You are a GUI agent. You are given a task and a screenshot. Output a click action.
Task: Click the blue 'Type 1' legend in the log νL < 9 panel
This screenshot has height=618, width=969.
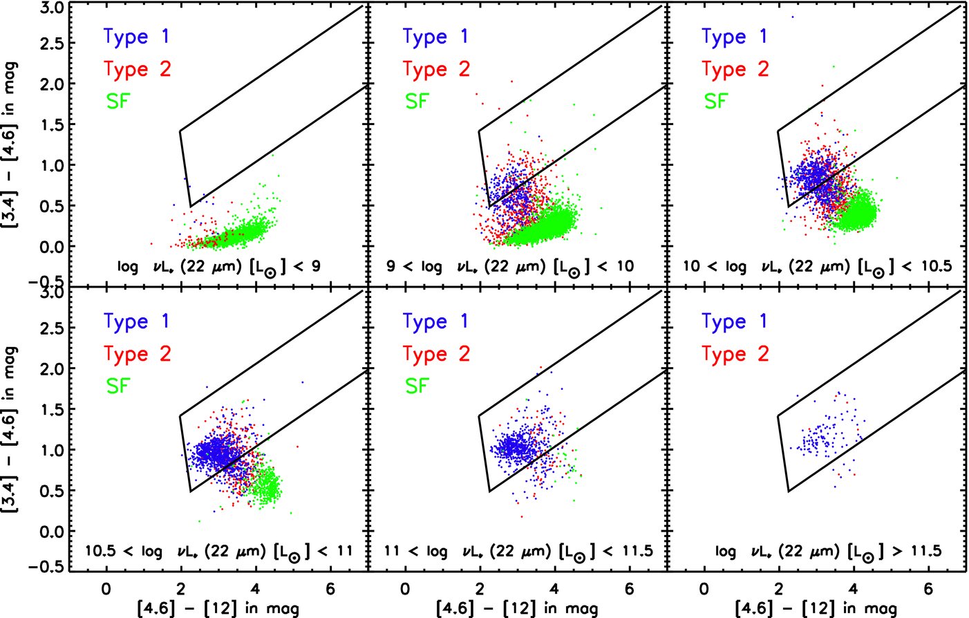pos(136,37)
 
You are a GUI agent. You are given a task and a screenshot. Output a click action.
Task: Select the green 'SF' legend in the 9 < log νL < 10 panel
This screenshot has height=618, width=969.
pos(417,102)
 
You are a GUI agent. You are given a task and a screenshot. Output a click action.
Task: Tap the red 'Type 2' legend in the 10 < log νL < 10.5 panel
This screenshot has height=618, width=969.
pos(735,69)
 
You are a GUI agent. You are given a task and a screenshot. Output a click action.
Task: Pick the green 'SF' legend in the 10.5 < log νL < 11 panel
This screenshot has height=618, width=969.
pos(118,386)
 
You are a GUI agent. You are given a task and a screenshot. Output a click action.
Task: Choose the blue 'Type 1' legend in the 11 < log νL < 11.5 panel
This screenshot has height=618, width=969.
pos(435,321)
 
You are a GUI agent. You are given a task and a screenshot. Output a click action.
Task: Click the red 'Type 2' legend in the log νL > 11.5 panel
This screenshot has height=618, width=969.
pos(735,354)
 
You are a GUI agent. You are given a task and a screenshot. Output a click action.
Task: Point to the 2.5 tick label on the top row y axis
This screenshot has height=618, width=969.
pos(53,44)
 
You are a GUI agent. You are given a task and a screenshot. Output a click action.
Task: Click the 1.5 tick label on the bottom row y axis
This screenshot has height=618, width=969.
pos(53,409)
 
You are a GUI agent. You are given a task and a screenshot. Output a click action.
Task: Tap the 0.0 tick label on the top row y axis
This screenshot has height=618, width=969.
pos(53,247)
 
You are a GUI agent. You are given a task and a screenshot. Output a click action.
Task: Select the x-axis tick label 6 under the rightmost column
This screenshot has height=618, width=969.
pos(928,589)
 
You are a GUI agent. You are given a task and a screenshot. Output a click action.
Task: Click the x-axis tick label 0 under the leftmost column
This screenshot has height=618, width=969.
pos(106,589)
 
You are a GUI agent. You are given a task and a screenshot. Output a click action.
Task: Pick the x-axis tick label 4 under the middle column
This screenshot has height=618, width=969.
pos(554,589)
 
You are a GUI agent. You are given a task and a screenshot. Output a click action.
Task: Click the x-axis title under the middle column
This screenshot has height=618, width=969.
pos(518,609)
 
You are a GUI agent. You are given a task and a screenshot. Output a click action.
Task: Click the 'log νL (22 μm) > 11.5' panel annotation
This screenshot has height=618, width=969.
pos(828,552)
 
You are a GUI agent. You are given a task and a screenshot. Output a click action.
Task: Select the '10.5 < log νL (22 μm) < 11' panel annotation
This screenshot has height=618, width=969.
pos(218,552)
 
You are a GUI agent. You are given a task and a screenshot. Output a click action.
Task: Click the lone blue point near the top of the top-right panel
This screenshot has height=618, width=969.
pos(793,17)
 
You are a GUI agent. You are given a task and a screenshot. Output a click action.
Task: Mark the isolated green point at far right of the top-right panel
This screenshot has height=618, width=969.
pos(897,178)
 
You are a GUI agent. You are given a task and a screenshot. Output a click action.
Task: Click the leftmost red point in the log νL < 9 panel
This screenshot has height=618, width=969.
pos(151,243)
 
